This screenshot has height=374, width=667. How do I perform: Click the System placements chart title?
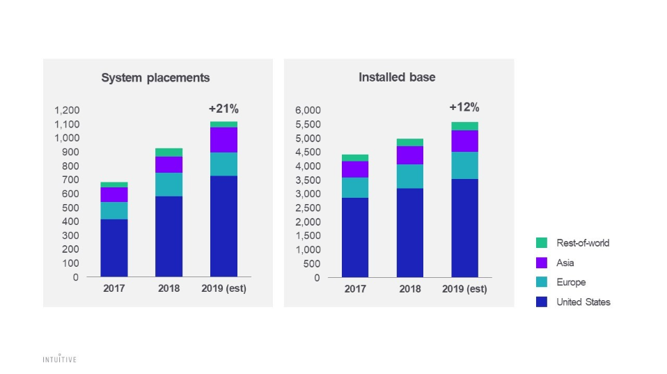[155, 78]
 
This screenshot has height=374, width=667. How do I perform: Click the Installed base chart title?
[397, 77]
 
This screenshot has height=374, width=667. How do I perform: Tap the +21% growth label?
[223, 109]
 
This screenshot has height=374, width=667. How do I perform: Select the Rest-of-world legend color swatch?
[542, 243]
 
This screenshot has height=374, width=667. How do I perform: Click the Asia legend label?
[565, 263]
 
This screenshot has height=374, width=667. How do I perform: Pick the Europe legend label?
[570, 283]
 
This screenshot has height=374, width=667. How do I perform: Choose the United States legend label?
[583, 302]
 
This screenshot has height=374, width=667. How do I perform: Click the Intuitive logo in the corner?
[59, 359]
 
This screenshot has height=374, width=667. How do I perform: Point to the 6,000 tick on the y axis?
[307, 110]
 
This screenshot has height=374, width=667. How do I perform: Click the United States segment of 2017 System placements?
[113, 248]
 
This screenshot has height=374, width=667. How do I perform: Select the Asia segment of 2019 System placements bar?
[223, 139]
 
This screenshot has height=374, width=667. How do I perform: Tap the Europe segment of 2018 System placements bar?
[168, 184]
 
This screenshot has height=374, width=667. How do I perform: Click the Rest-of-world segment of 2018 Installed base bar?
[409, 142]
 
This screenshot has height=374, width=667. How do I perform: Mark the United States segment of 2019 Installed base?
[464, 228]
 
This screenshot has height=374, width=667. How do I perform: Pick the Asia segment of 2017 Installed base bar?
[354, 169]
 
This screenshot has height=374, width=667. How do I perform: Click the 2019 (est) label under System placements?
[223, 289]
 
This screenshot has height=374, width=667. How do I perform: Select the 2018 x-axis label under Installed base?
[409, 289]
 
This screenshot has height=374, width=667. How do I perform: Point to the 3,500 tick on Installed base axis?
[307, 180]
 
